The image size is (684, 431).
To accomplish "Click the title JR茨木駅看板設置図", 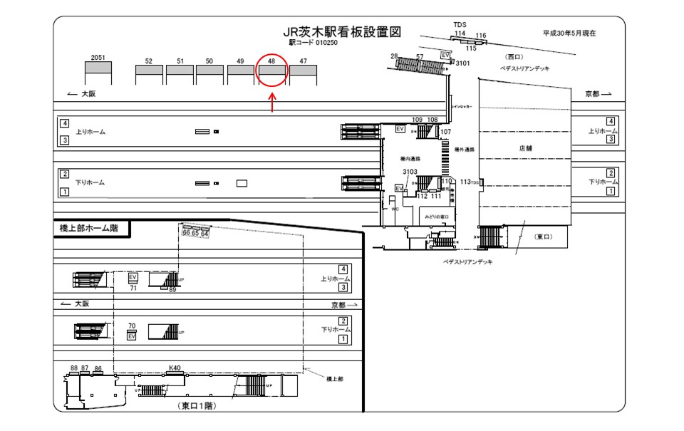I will (x=343, y=32).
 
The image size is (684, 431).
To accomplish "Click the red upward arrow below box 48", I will (x=272, y=103).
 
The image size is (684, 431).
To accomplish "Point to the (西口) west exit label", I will (x=514, y=56).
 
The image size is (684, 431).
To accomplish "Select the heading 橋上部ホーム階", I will (x=90, y=229).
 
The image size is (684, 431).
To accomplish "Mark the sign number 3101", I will (x=463, y=64).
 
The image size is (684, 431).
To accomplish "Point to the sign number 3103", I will (x=409, y=172).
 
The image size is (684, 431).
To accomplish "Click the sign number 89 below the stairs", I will (x=172, y=290).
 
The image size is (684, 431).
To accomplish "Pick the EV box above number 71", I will (x=133, y=277).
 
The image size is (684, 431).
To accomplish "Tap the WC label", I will (x=394, y=210).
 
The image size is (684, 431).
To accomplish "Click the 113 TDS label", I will (x=469, y=182).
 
